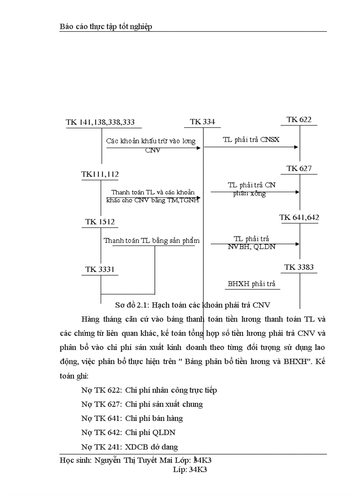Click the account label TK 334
point(202,122)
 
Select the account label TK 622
point(299,120)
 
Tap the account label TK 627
point(299,168)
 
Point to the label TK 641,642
point(299,217)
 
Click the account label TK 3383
point(299,267)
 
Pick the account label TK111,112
point(100,175)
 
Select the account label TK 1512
point(100,222)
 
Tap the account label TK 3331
point(100,269)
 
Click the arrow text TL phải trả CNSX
point(251,140)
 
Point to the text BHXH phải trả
point(251,284)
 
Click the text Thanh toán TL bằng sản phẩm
point(152,241)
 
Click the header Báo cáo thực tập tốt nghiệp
point(106,27)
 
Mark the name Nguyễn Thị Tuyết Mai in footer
point(133,460)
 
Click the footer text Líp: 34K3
point(190,470)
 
